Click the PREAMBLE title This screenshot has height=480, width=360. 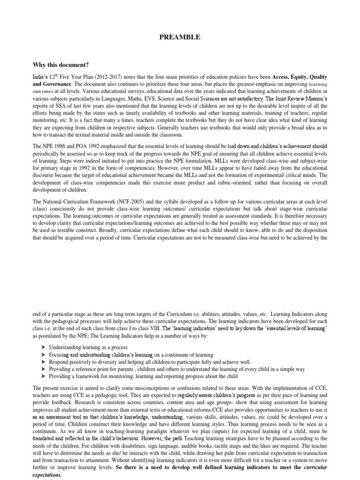point(180,37)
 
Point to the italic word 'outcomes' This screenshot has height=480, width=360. point(44,92)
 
